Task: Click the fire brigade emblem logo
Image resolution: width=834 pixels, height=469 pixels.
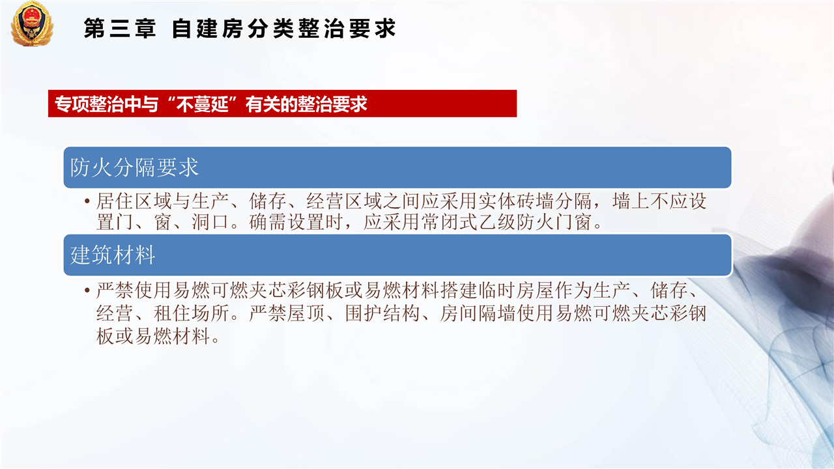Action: (32, 23)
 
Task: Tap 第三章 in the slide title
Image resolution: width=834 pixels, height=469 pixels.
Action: (119, 29)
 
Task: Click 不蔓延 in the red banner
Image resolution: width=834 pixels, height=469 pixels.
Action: (203, 104)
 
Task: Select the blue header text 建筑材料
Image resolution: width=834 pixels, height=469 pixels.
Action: (113, 255)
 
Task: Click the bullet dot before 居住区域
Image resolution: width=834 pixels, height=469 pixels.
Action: (87, 201)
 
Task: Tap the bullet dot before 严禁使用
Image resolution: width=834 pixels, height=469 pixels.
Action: (87, 290)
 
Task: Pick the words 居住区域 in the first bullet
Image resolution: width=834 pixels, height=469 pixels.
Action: (134, 201)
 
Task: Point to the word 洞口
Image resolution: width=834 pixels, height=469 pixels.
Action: (210, 222)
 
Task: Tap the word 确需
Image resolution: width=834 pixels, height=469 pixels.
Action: (267, 222)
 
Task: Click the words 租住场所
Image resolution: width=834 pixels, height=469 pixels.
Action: (192, 313)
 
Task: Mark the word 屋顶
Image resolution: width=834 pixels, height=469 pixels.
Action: (306, 313)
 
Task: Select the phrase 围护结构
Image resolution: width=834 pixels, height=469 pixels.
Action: (382, 313)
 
